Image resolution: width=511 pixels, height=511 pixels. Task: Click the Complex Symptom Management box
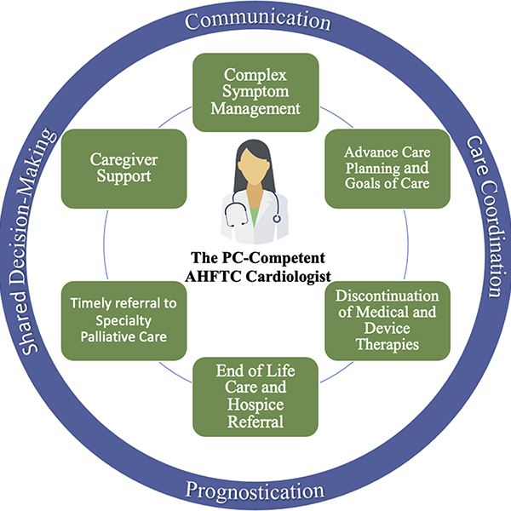[255, 92]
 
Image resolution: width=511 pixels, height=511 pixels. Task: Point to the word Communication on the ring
[255, 19]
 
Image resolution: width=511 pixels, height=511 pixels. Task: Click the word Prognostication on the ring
[255, 491]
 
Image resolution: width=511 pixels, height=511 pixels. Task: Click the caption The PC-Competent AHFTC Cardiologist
[256, 265]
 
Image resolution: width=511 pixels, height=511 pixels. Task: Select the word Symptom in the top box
[255, 92]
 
